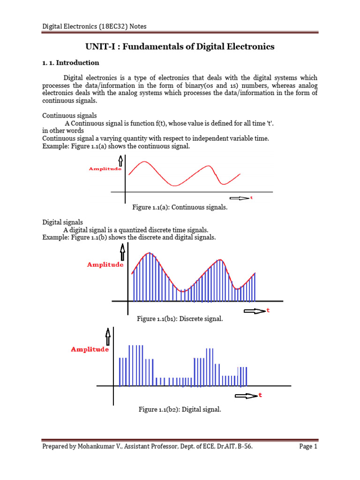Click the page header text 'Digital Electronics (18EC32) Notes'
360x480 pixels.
pos(94,26)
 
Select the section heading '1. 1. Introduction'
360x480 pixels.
pos(71,63)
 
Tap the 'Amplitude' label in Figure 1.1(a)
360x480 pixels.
pos(105,169)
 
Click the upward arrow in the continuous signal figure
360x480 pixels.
pos(120,161)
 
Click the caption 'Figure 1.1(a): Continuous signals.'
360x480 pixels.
pos(180,207)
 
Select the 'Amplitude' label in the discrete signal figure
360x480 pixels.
pos(105,265)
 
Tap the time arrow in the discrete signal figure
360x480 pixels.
pos(255,311)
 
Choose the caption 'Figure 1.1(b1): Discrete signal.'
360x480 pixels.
pos(180,319)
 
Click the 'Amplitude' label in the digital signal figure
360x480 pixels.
pos(90,349)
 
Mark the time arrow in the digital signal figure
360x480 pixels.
pos(246,396)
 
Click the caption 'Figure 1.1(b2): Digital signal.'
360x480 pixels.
pos(180,410)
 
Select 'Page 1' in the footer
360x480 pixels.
pos(308,447)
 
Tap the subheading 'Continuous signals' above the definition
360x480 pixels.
pos(69,115)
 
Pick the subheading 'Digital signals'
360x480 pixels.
pos(63,222)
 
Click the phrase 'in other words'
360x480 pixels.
pos(63,130)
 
